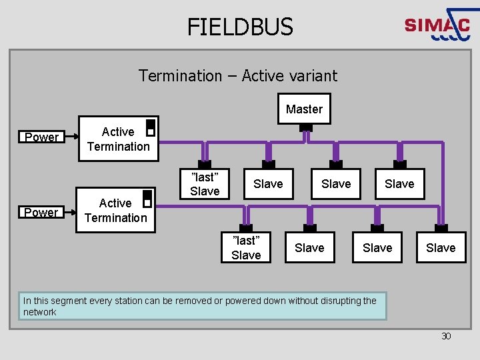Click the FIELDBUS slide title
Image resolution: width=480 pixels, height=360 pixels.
tap(240, 27)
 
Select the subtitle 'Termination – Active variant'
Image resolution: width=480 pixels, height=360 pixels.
tap(238, 76)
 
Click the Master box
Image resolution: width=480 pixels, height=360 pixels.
tap(304, 109)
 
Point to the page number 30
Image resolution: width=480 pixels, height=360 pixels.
tap(446, 336)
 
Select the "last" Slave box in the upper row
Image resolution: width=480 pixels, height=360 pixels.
tap(205, 184)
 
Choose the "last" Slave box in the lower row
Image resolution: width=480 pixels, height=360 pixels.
tap(246, 247)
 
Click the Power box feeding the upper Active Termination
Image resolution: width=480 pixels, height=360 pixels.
tap(41, 137)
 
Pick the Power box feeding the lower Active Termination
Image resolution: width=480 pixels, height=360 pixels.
tap(41, 212)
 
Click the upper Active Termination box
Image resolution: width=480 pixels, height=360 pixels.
tap(118, 139)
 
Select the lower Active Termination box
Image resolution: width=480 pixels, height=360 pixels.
tap(115, 210)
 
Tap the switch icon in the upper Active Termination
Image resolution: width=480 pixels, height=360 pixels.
tap(151, 127)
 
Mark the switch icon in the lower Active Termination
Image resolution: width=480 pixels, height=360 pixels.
tap(147, 199)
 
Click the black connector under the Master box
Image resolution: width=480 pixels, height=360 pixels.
tap(305, 127)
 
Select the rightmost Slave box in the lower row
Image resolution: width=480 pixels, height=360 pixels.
tap(441, 248)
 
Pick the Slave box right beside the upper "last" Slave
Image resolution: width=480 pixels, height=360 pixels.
tap(268, 184)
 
